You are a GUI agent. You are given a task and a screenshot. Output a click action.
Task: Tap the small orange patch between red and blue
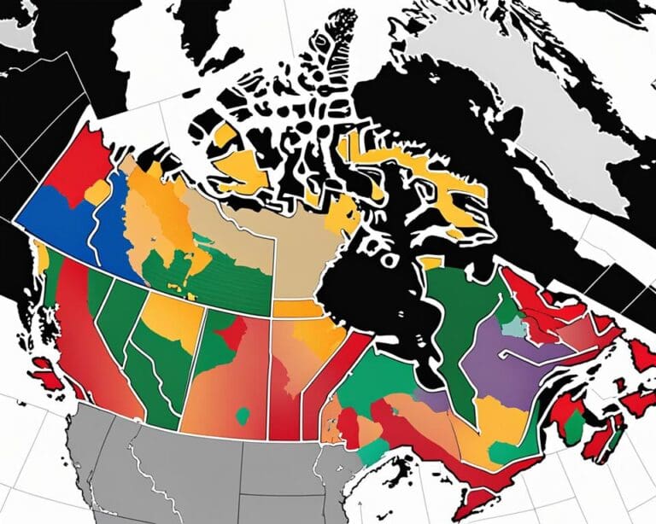(x=97, y=193)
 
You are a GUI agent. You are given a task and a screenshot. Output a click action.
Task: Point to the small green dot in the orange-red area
(x=243, y=416)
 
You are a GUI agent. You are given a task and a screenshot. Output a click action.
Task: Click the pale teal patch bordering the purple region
(x=512, y=327)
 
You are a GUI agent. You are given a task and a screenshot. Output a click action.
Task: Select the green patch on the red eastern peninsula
(x=574, y=426)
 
